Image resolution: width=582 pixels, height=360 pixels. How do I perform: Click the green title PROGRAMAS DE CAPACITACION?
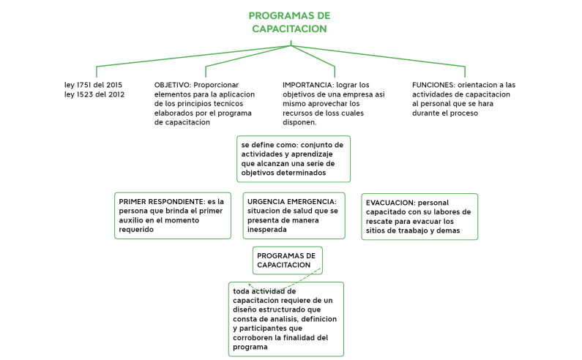point(289,22)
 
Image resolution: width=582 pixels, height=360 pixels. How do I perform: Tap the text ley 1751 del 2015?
point(93,85)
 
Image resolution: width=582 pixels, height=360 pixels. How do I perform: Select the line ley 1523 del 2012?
point(94,94)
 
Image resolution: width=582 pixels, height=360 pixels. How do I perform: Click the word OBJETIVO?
point(172,85)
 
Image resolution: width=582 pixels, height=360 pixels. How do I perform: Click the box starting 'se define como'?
point(293,159)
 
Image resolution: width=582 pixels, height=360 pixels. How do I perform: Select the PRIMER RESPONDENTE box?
point(173,215)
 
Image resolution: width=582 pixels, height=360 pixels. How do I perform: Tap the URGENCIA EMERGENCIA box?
point(294,215)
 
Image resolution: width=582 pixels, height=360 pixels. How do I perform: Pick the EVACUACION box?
point(419,217)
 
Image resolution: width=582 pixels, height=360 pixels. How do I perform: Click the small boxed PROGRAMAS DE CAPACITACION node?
point(287,260)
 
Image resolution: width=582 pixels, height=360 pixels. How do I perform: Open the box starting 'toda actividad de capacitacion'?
point(285,319)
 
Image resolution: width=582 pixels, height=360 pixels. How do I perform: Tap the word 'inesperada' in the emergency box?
point(267,229)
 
